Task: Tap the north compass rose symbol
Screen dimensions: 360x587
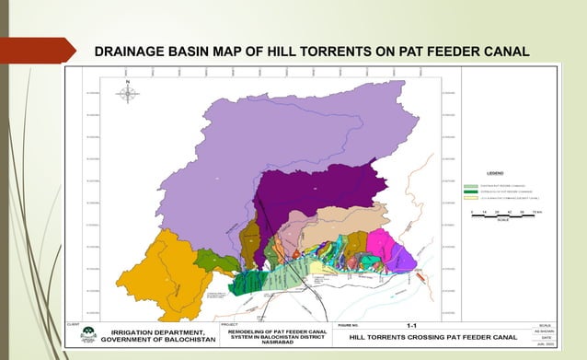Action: (128, 93)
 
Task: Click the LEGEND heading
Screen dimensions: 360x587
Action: (495, 173)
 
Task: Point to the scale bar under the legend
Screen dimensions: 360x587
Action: (502, 214)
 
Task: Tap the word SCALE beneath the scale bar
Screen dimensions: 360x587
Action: (502, 220)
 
